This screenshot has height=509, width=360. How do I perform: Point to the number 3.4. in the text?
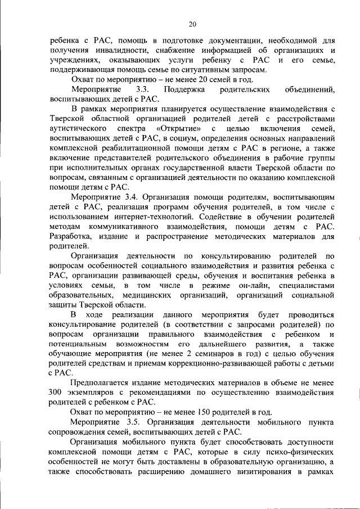(x=130, y=197)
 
